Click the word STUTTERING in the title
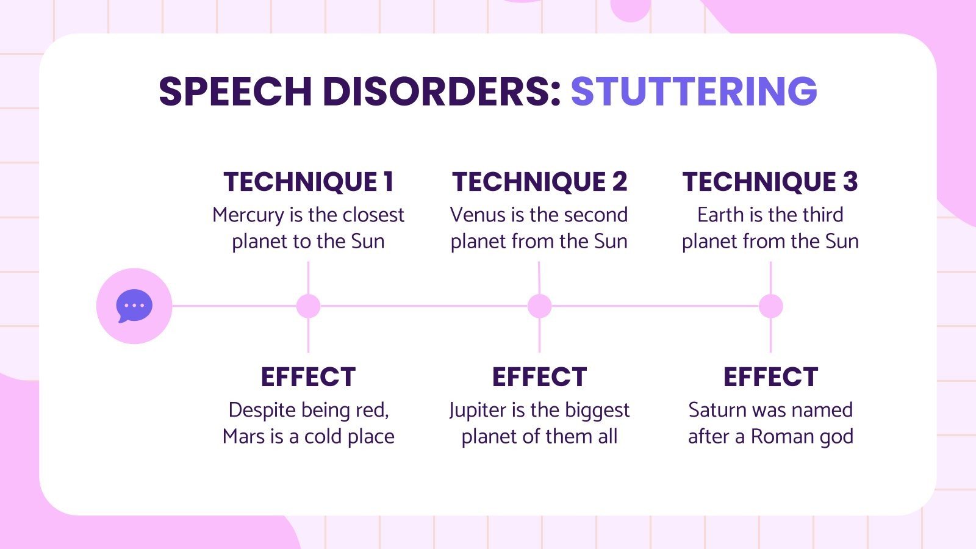click(694, 91)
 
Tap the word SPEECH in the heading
click(235, 91)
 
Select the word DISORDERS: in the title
click(441, 91)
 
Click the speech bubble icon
click(134, 306)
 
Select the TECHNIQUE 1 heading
click(308, 182)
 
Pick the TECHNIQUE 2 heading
click(539, 182)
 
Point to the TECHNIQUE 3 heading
click(770, 182)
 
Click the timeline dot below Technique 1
click(308, 306)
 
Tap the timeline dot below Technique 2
click(539, 306)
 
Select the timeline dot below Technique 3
click(770, 306)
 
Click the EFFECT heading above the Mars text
click(308, 377)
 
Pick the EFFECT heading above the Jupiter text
click(539, 377)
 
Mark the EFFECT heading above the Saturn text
click(770, 377)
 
